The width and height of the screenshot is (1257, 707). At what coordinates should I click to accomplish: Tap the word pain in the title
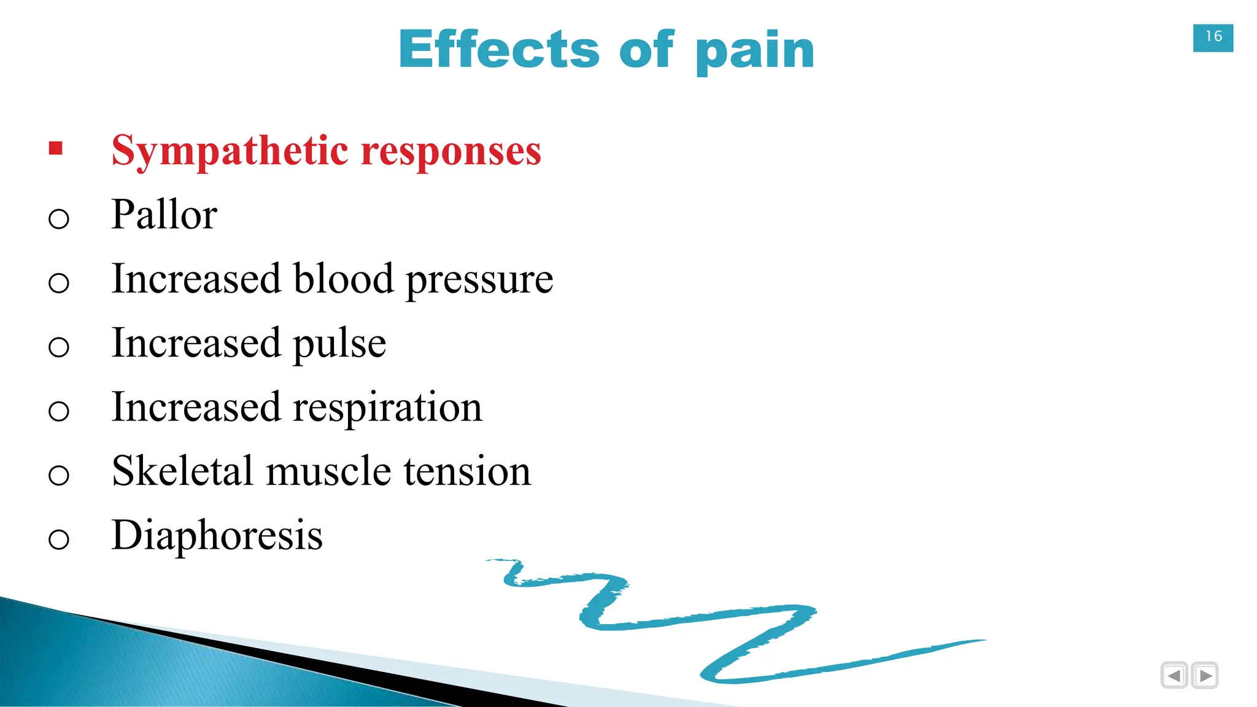pyautogui.click(x=755, y=52)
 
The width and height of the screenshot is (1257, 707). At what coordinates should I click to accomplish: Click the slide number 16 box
pyautogui.click(x=1213, y=37)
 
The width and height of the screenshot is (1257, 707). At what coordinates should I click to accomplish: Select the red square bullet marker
pyautogui.click(x=56, y=149)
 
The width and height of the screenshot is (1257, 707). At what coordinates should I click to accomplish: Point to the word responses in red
pyautogui.click(x=451, y=151)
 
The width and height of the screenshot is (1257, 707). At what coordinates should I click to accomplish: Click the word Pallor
pyautogui.click(x=164, y=215)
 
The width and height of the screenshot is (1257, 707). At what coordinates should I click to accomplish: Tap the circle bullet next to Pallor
pyautogui.click(x=58, y=218)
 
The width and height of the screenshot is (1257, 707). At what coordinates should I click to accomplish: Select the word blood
pyautogui.click(x=343, y=279)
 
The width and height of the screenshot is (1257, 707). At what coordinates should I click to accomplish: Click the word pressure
pyautogui.click(x=479, y=281)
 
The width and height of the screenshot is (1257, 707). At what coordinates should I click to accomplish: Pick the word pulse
pyautogui.click(x=339, y=344)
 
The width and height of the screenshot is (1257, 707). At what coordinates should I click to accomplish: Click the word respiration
pyautogui.click(x=388, y=408)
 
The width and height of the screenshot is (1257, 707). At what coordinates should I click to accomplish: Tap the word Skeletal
pyautogui.click(x=182, y=471)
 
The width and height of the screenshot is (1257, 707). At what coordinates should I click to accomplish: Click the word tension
pyautogui.click(x=467, y=471)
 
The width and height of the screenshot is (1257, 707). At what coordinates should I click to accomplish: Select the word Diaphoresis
pyautogui.click(x=217, y=535)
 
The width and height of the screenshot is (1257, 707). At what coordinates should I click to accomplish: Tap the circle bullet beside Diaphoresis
pyautogui.click(x=58, y=539)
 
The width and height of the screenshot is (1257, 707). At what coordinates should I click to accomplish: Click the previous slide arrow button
pyautogui.click(x=1174, y=676)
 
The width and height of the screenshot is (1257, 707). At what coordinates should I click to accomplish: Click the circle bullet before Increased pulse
pyautogui.click(x=58, y=347)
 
